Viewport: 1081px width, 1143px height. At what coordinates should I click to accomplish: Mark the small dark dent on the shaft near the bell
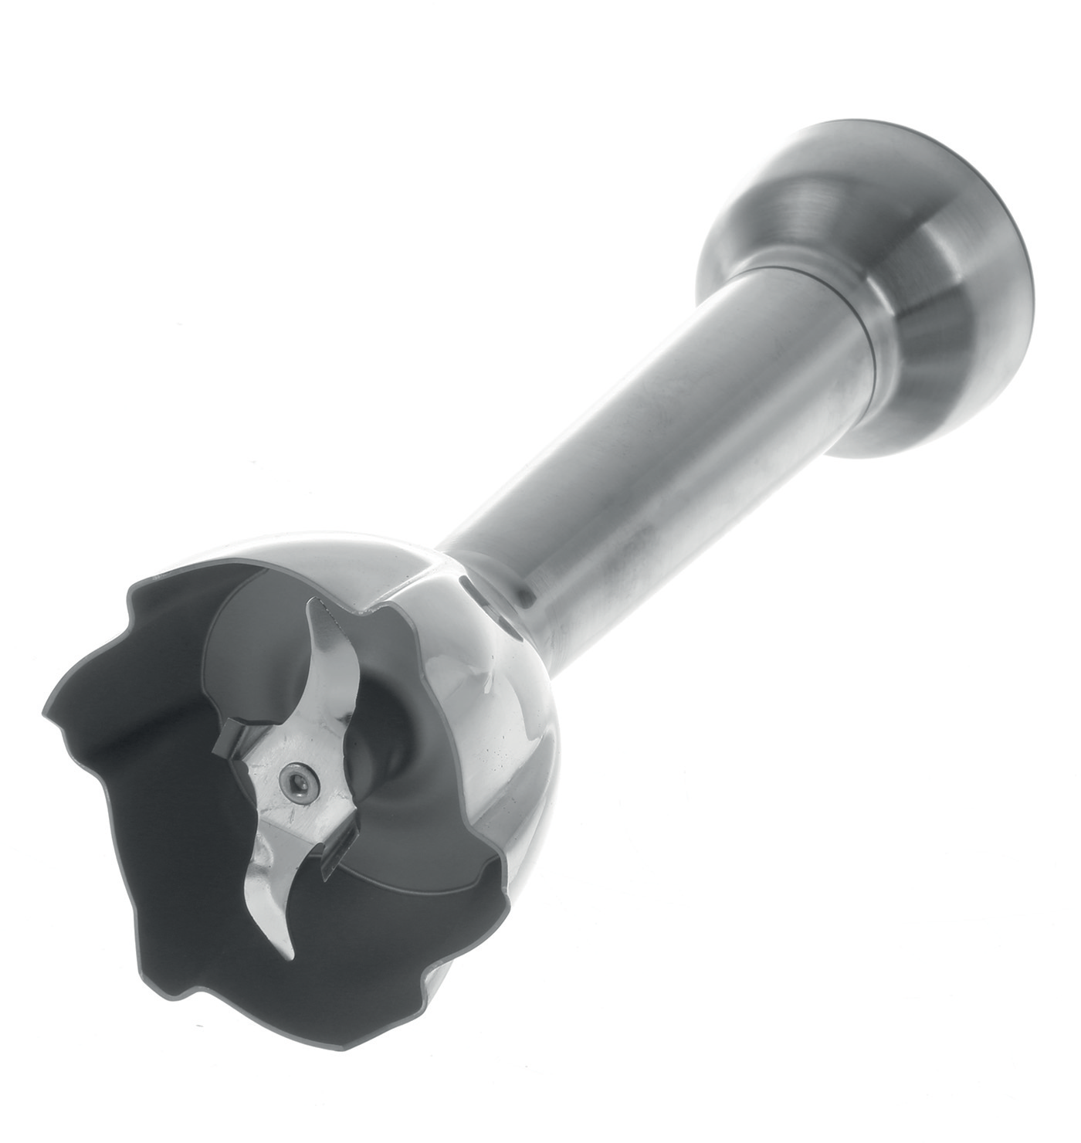527,594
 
